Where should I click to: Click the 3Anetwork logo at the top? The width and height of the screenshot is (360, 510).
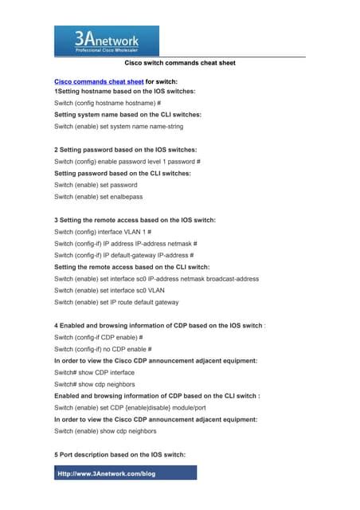[106, 40]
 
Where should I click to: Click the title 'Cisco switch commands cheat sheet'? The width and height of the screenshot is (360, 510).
[180, 63]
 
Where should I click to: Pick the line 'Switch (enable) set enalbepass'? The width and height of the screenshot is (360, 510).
[94, 195]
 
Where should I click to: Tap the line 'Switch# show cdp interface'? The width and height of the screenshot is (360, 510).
[94, 372]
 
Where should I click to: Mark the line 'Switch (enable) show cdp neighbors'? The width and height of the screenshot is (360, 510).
[104, 430]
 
